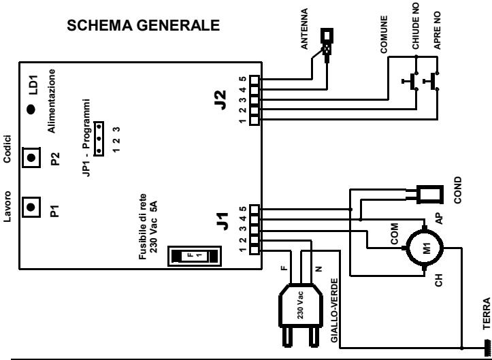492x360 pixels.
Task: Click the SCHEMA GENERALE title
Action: coord(143,25)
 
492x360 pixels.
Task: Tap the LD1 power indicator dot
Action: coord(31,109)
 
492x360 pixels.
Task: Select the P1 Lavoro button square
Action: coord(31,207)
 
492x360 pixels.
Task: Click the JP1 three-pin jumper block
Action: coord(99,138)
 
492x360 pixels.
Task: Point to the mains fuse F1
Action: coord(195,256)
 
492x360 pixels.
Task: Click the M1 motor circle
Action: coord(425,248)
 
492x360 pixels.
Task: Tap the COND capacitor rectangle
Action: coord(429,194)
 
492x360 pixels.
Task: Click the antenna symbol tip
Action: coord(327,35)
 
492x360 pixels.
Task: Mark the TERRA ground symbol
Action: coord(487,348)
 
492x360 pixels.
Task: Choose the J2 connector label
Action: coord(221,100)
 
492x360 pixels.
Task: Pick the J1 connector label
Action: coord(223,221)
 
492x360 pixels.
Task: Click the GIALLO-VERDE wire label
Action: coord(335,310)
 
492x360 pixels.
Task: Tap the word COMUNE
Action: coord(384,34)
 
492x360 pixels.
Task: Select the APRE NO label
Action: coord(437,30)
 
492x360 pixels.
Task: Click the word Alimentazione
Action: coord(52,101)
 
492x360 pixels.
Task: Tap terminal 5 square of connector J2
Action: coord(255,80)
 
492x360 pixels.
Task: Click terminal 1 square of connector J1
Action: coord(255,250)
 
